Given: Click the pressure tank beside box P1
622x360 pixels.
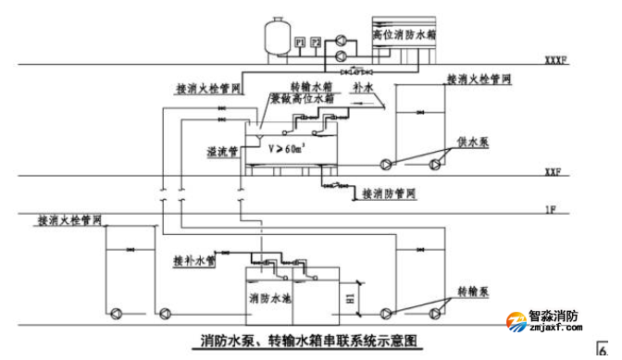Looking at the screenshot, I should pyautogui.click(x=275, y=35).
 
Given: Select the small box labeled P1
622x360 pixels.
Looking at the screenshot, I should pyautogui.click(x=299, y=42).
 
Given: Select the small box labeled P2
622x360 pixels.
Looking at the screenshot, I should pyautogui.click(x=316, y=42).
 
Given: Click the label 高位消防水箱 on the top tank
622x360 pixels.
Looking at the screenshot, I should pyautogui.click(x=404, y=35).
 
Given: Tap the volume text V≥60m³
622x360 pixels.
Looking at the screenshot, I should pyautogui.click(x=288, y=146).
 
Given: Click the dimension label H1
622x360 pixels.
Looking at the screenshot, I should pyautogui.click(x=351, y=299).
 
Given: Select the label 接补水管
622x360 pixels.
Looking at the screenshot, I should pyautogui.click(x=193, y=262).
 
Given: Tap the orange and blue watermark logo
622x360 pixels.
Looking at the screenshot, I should pyautogui.click(x=514, y=320).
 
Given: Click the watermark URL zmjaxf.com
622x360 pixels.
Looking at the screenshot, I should pyautogui.click(x=554, y=328).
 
